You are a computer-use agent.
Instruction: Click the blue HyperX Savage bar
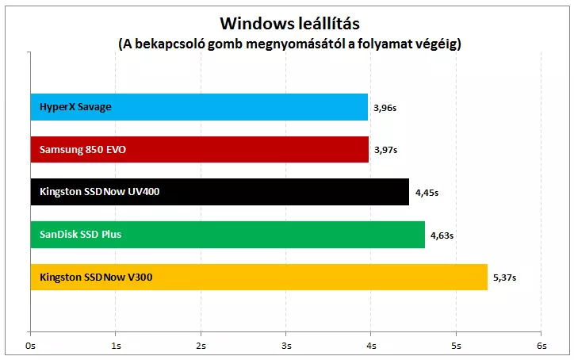[x=199, y=107]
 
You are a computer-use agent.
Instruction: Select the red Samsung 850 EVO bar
[x=199, y=149]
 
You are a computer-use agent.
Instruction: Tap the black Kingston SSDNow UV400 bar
[x=220, y=192]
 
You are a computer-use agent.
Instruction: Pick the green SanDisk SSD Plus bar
[x=228, y=235]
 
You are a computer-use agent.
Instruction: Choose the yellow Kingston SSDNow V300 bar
[x=258, y=278]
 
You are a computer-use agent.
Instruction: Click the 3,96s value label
[x=385, y=108]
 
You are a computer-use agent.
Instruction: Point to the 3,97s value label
[x=385, y=150]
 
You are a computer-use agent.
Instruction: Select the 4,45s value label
[x=426, y=193]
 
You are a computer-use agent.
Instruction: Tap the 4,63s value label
[x=442, y=236]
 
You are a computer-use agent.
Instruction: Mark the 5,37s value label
[x=504, y=278]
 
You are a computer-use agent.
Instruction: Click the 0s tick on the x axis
[x=31, y=346]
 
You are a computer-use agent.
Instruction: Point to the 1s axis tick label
[x=116, y=346]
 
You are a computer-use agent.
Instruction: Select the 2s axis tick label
[x=201, y=346]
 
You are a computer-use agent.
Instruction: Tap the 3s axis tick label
[x=285, y=346]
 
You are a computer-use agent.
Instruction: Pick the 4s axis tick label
[x=370, y=346]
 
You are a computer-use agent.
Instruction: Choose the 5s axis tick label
[x=456, y=346]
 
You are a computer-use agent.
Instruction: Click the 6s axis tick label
[x=541, y=346]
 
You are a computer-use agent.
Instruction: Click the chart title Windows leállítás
[x=286, y=21]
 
